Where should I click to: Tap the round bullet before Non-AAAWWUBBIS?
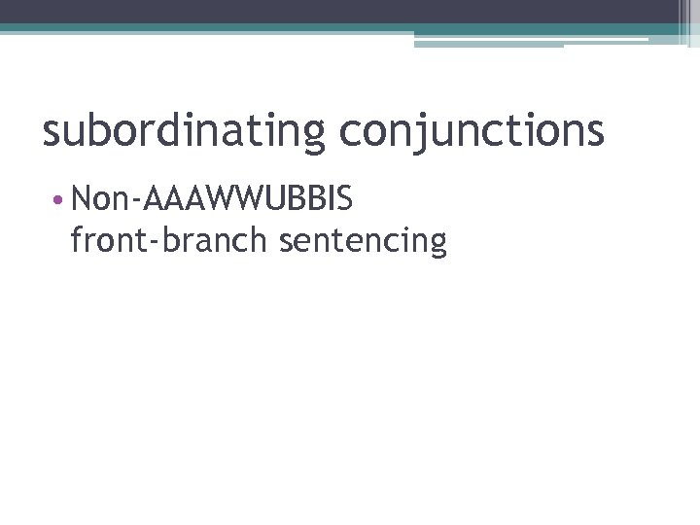pos(60,201)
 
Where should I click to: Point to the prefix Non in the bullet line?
pos(102,200)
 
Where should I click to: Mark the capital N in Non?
pos(82,200)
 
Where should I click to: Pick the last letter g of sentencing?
pos(437,243)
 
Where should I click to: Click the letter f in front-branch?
pos(78,239)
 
